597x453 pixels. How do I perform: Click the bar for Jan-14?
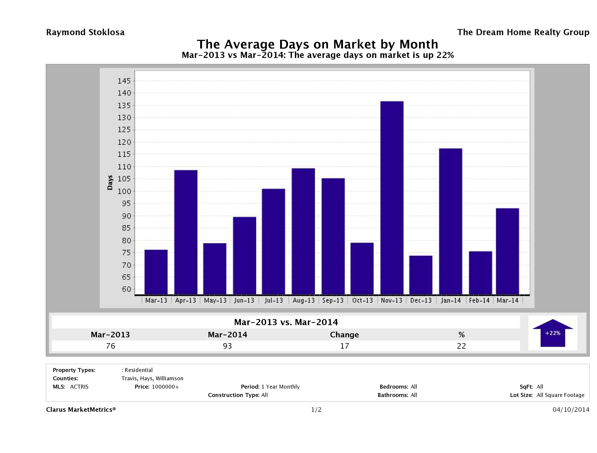(x=450, y=221)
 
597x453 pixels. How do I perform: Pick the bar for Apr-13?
(x=186, y=232)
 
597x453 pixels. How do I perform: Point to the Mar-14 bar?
(x=507, y=251)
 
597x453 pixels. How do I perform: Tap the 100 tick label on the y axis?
(x=124, y=191)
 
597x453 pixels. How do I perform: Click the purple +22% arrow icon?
(x=552, y=333)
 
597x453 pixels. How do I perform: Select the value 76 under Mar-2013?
(x=111, y=346)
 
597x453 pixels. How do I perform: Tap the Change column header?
(x=344, y=335)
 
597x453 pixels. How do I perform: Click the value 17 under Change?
(x=345, y=346)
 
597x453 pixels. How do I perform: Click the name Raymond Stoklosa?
(x=85, y=32)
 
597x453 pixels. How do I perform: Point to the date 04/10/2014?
(x=571, y=410)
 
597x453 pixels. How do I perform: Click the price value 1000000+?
(x=165, y=387)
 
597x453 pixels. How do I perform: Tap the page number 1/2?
(x=316, y=410)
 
